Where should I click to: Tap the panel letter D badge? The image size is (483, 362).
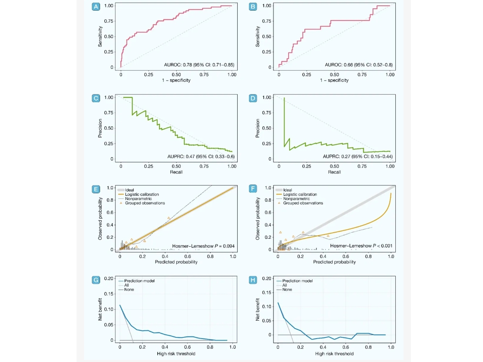click(x=253, y=98)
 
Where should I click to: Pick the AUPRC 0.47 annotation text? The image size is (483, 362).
click(x=201, y=156)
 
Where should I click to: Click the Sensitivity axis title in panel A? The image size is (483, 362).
click(x=100, y=36)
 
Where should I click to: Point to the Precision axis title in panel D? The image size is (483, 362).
click(x=258, y=128)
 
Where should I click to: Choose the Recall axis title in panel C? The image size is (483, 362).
click(x=176, y=172)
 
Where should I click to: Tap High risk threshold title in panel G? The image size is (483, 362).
click(x=176, y=353)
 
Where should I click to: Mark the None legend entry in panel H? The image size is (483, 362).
click(x=287, y=290)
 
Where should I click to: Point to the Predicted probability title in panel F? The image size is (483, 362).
click(x=334, y=262)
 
